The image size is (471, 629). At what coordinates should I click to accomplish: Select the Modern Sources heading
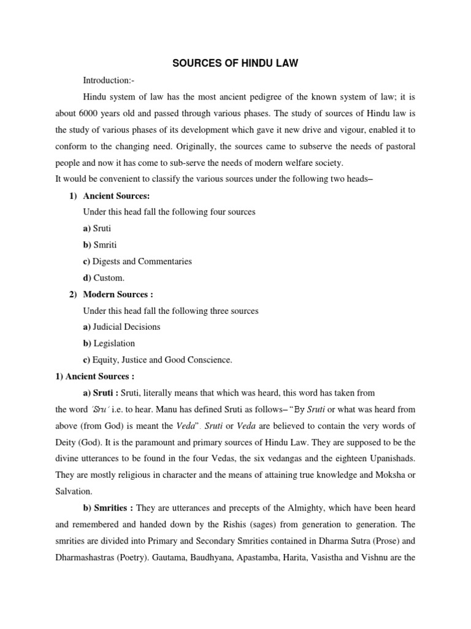pos(118,294)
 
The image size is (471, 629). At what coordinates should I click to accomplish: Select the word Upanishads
pos(390,458)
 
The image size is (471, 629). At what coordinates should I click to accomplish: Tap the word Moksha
pos(378,474)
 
